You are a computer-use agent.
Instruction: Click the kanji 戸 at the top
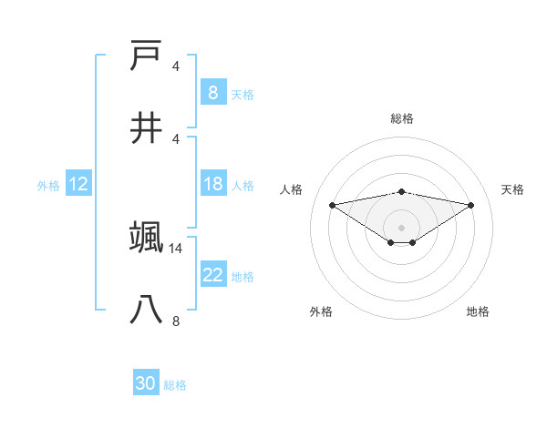(147, 56)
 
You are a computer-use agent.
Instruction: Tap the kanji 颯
(147, 238)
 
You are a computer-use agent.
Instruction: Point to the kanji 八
(147, 310)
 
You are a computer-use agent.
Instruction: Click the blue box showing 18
(212, 184)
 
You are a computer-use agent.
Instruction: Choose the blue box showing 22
(212, 275)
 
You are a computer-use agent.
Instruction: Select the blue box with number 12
(77, 184)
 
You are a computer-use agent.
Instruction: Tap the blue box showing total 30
(145, 383)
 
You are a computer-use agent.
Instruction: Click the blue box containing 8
(212, 92)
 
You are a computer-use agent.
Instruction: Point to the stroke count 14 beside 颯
(177, 248)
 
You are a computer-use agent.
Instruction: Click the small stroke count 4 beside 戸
(176, 66)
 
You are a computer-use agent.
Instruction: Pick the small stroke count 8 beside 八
(176, 321)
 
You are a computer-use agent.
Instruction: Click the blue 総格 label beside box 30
(175, 385)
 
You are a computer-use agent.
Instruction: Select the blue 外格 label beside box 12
(48, 186)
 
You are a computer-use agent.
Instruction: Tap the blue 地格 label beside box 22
(243, 277)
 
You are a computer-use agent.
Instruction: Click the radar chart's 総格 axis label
(401, 118)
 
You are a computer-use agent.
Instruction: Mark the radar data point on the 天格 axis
(471, 205)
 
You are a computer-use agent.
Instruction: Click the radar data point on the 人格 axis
(332, 205)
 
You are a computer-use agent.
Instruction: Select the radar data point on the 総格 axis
(401, 191)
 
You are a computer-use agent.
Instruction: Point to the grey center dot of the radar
(401, 227)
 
